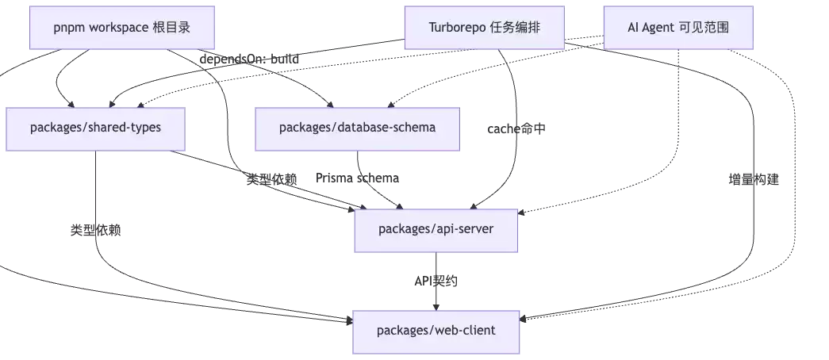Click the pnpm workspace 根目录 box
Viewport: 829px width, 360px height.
pyautogui.click(x=122, y=28)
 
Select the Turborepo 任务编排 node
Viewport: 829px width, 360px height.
pyautogui.click(x=484, y=28)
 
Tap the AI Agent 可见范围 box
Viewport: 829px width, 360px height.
pyautogui.click(x=678, y=28)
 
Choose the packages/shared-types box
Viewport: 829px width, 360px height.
pyautogui.click(x=96, y=129)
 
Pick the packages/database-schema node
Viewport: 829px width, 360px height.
pyautogui.click(x=358, y=129)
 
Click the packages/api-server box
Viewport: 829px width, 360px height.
pyautogui.click(x=436, y=231)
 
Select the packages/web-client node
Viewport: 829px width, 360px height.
pyautogui.click(x=436, y=332)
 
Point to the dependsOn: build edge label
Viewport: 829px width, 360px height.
pyautogui.click(x=249, y=59)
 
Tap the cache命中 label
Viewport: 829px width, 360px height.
pyautogui.click(x=516, y=128)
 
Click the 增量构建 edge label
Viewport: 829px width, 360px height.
pyautogui.click(x=754, y=180)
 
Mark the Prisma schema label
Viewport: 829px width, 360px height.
pyautogui.click(x=358, y=178)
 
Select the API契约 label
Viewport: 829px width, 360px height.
pyautogui.click(x=436, y=281)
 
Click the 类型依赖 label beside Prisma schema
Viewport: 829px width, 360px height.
pyautogui.click(x=272, y=179)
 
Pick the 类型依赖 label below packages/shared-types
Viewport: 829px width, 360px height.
pyautogui.click(x=96, y=230)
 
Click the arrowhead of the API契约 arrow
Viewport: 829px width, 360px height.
pyautogui.click(x=436, y=307)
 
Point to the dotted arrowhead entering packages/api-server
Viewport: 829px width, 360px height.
pyautogui.click(x=521, y=213)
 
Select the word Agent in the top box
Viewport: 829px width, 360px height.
pyautogui.click(x=657, y=28)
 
